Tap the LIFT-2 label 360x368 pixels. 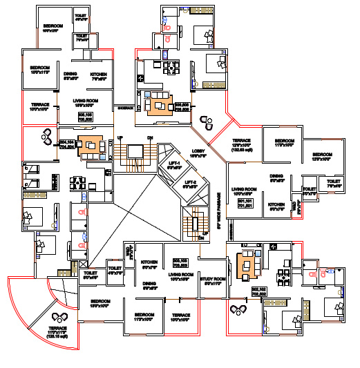click(x=190, y=184)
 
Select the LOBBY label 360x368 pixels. click(x=198, y=154)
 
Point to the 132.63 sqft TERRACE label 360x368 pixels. click(x=245, y=146)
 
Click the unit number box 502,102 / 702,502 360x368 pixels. click(x=258, y=291)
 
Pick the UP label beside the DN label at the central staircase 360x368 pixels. click(x=120, y=137)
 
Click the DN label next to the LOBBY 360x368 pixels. click(x=149, y=137)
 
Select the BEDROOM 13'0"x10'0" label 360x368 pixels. click(x=100, y=304)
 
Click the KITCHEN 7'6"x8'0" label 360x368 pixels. click(x=98, y=76)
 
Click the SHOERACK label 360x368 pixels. click(x=125, y=108)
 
